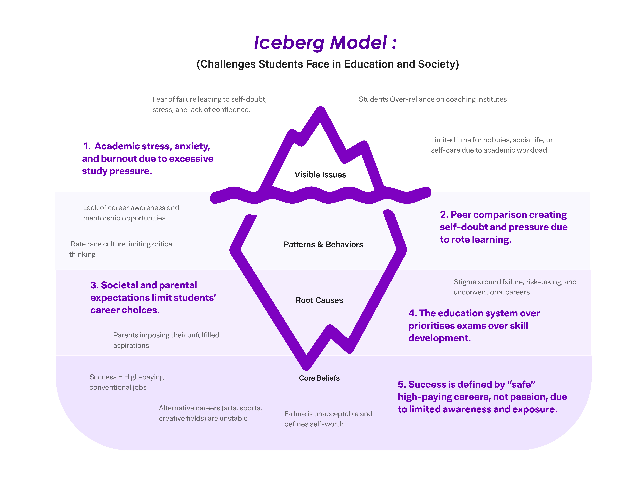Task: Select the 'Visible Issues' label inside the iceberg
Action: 320,175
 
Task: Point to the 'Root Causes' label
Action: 319,300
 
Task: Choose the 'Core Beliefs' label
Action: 319,378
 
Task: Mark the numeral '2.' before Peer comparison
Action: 444,215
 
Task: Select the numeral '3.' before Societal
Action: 94,285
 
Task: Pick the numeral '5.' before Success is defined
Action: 402,385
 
